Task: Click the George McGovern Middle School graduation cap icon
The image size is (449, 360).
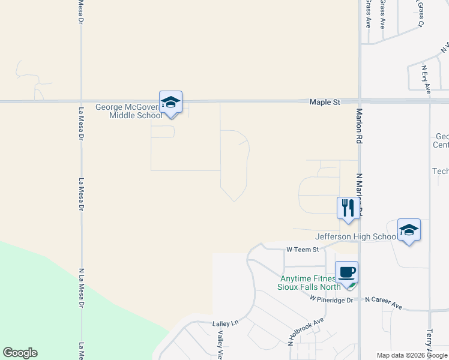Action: [170, 103]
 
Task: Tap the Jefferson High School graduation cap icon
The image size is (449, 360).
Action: [409, 230]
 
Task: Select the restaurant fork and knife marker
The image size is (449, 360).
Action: [348, 208]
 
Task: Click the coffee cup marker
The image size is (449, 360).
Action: [346, 272]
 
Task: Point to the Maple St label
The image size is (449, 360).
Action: [325, 103]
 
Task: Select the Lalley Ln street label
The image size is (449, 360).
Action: [226, 323]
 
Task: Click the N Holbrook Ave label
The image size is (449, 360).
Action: [306, 332]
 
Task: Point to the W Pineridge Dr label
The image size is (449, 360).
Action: [331, 299]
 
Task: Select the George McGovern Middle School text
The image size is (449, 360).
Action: [128, 112]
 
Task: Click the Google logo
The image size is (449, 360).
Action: [20, 353]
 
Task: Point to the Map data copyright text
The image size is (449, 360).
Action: [412, 355]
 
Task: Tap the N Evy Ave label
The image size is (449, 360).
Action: [427, 79]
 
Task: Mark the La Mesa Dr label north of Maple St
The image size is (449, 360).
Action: [81, 12]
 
